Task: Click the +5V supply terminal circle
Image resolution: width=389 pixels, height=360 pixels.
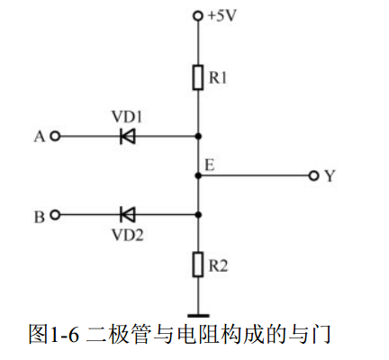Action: coord(198,16)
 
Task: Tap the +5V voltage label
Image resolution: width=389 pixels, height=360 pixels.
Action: coord(222,15)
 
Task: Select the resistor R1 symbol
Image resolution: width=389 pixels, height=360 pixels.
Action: coord(198,77)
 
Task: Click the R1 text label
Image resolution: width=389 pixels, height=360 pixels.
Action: coord(218,77)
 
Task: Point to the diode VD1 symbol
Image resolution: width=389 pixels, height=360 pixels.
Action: coord(128,137)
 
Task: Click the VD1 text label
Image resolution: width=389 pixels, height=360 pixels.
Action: coord(127,116)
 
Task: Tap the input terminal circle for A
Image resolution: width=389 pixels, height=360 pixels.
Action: coord(55,137)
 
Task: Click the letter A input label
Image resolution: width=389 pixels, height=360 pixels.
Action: coord(40,137)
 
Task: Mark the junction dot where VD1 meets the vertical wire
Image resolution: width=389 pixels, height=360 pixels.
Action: coord(198,137)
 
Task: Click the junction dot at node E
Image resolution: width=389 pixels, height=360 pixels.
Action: coord(198,175)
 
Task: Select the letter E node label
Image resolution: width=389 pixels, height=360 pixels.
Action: coord(210,166)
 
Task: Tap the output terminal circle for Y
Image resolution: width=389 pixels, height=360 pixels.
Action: coord(313,175)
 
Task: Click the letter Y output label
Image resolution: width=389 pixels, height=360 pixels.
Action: coord(330,176)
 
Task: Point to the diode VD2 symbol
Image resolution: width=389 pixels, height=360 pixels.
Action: coord(128,215)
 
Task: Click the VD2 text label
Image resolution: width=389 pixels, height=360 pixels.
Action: coord(127,235)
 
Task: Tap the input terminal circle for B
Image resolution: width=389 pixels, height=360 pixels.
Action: coord(55,215)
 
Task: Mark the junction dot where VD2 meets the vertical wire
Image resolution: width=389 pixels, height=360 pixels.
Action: coord(198,215)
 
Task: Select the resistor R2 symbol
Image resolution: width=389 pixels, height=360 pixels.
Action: coord(198,265)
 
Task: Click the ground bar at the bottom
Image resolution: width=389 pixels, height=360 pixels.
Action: coord(198,316)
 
